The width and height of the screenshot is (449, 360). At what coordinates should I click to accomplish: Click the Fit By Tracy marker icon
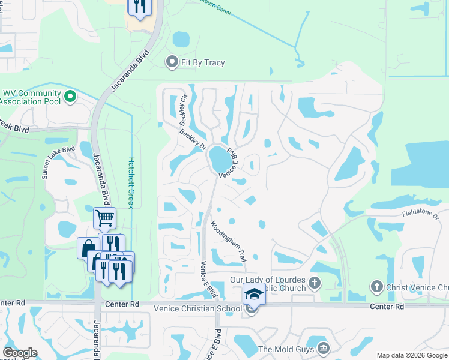coord(172,61)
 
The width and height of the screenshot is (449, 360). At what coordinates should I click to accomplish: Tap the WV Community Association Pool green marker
coord(70,96)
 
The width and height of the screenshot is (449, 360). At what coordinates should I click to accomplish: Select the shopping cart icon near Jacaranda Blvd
coord(104,217)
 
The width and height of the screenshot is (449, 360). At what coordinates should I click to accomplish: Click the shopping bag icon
coord(88,248)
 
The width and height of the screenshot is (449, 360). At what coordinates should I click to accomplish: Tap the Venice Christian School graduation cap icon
coord(253,295)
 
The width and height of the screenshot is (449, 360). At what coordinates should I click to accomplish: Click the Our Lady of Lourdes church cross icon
coord(314,281)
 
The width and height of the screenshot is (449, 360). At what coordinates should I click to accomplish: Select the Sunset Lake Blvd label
coord(58,163)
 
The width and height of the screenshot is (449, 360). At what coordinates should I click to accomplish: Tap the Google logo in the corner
coord(20,353)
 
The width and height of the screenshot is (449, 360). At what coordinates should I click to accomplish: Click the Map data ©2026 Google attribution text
coord(411,355)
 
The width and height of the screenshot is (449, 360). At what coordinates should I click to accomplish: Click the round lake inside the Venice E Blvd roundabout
coord(220,160)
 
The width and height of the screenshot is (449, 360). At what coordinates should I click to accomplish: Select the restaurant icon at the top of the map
coord(139,7)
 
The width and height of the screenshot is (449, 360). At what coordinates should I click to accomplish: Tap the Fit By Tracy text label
coord(204,62)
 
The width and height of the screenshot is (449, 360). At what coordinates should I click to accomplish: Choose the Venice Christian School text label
coord(197,308)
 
